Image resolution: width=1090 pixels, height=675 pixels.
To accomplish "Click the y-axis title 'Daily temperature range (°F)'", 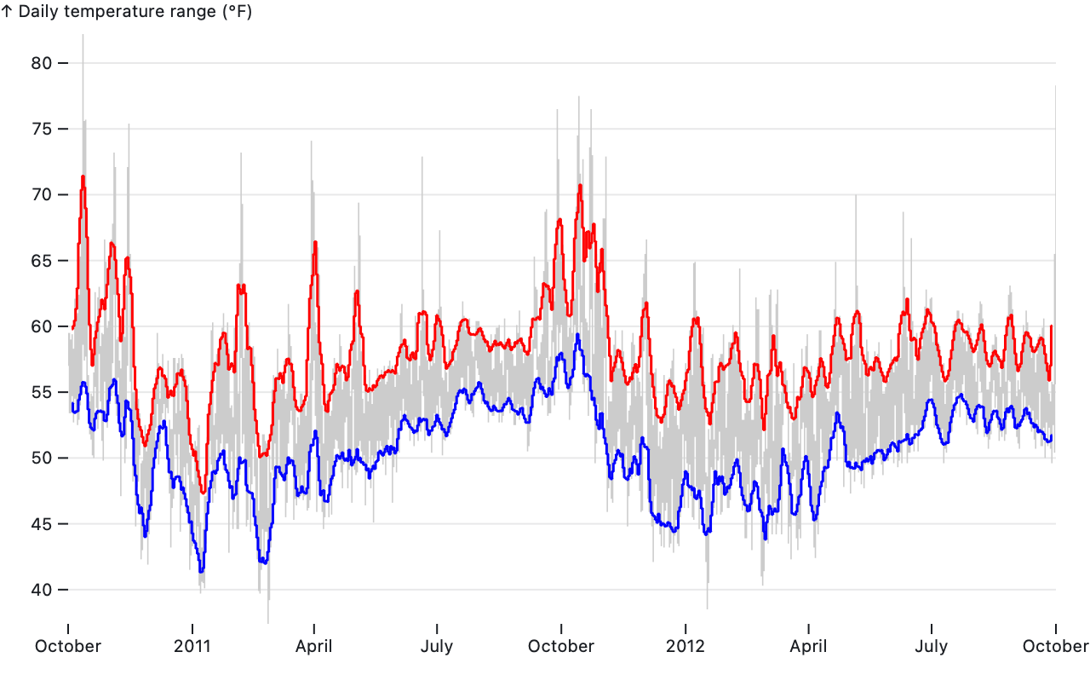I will point(133,12).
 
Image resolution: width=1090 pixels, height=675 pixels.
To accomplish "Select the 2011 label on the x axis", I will point(192,646).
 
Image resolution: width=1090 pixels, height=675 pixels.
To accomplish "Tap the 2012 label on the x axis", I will point(686,646).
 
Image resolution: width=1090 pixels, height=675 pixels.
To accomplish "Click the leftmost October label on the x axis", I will point(68,646).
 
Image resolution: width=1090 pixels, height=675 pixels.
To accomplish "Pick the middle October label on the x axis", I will point(561,646).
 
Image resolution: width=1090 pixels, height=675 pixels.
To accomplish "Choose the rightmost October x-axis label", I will point(1055,646).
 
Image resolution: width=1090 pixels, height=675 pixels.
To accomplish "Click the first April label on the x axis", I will point(314,646).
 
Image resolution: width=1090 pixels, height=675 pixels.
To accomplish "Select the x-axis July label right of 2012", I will point(931,646).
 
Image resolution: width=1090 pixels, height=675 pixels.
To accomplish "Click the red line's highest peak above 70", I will point(83,176).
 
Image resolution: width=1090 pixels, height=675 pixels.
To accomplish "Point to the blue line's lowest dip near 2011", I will point(201,571).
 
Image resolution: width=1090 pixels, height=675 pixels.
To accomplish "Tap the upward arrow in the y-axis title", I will point(7,12).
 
